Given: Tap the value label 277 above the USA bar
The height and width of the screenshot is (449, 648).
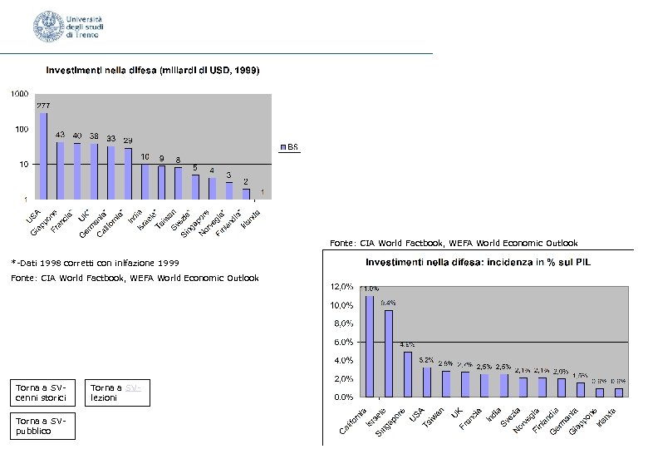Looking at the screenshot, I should (x=43, y=106).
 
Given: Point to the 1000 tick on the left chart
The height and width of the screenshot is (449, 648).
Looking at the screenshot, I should (x=17, y=94).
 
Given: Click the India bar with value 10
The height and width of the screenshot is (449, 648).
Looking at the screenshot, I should (x=145, y=181).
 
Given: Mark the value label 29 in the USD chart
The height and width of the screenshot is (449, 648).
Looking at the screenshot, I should (x=128, y=140).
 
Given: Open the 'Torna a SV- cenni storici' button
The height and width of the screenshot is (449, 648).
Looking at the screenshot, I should (x=46, y=392).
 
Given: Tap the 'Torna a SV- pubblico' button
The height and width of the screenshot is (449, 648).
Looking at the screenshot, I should (x=46, y=426).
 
